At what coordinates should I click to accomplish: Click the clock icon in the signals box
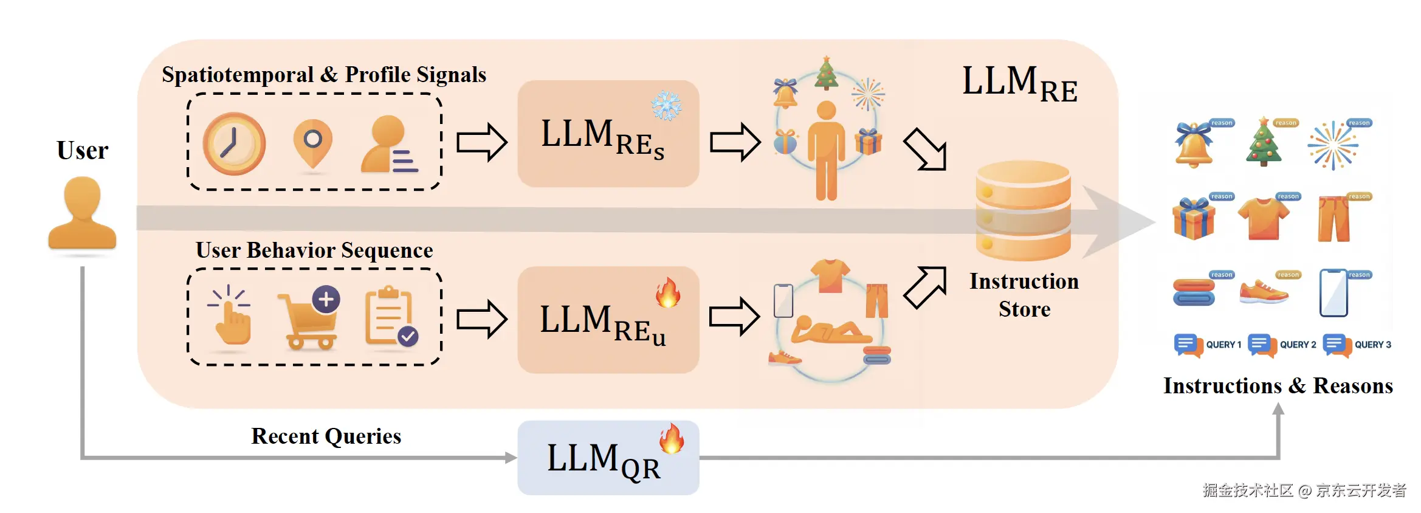tap(234, 144)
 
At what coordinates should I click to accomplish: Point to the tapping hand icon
tap(230, 315)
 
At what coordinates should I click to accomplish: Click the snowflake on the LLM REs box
tap(666, 106)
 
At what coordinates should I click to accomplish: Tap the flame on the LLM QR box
tap(672, 439)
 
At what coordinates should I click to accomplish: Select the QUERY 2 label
tap(1298, 345)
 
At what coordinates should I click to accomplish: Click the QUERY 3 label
tap(1372, 345)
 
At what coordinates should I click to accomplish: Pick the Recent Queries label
tap(326, 436)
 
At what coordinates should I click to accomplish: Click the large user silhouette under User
tap(82, 213)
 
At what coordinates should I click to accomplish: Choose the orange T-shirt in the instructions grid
tap(1264, 218)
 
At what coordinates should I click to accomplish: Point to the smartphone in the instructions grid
tap(1333, 293)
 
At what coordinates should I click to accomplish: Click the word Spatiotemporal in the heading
tap(238, 75)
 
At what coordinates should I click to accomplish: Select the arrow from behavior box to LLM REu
tap(481, 318)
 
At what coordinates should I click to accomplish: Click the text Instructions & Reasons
tap(1278, 386)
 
